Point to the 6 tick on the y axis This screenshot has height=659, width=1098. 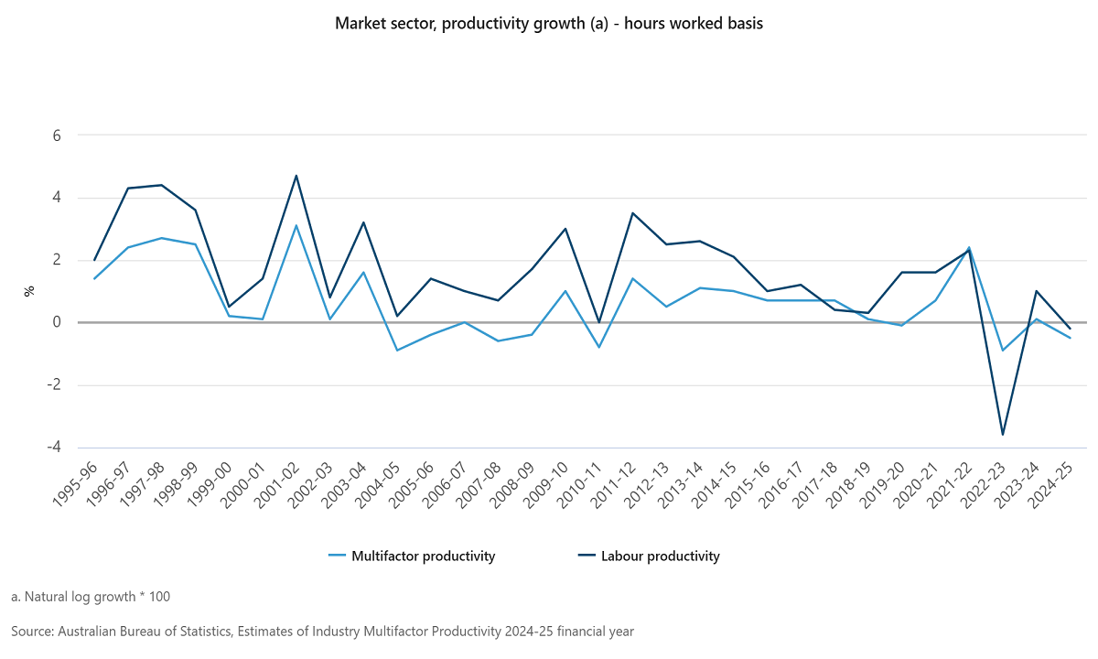(x=56, y=135)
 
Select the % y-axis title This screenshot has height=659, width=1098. (x=29, y=291)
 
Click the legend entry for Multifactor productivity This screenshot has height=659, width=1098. (x=412, y=556)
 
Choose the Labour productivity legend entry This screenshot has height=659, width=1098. (x=649, y=556)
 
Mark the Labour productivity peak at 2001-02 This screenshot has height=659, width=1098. (x=296, y=176)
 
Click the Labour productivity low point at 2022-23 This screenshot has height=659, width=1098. (x=1003, y=434)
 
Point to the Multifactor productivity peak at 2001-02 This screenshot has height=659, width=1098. (x=296, y=225)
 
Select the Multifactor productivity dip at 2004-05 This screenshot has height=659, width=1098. (x=397, y=350)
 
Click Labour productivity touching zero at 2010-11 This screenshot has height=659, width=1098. (x=599, y=322)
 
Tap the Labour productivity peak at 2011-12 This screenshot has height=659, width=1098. (x=633, y=213)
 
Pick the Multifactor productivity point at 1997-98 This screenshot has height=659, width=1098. (x=162, y=238)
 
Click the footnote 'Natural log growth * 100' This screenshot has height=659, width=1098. (x=91, y=597)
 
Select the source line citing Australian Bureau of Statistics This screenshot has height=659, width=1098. (x=322, y=632)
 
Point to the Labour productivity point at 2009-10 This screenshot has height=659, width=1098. (x=565, y=229)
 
